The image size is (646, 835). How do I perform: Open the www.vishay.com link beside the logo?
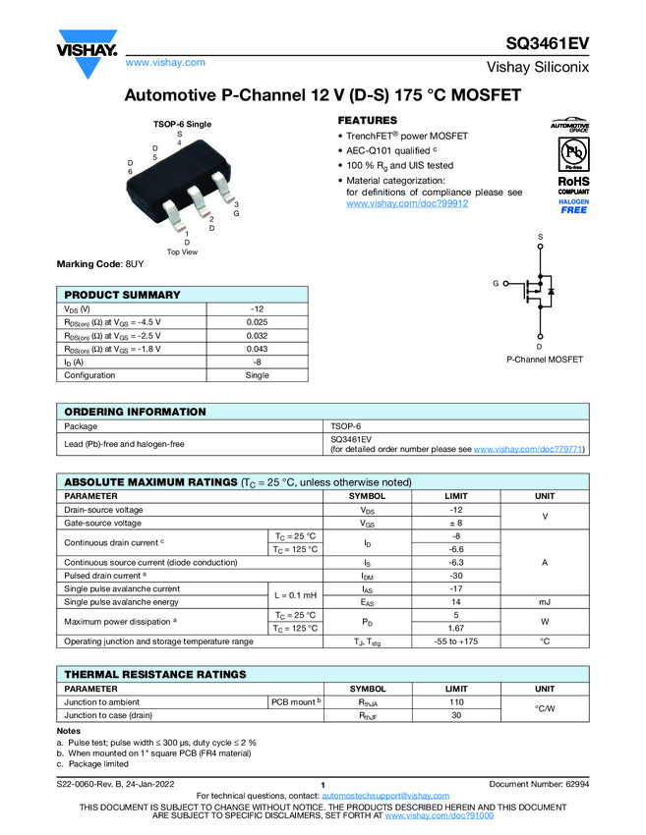pyautogui.click(x=165, y=62)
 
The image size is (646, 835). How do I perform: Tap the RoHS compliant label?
pyautogui.click(x=573, y=185)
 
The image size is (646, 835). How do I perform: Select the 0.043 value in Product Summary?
pyautogui.click(x=257, y=349)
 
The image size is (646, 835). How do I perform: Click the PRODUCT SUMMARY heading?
pyautogui.click(x=122, y=295)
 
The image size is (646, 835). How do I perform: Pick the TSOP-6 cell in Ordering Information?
pyautogui.click(x=346, y=426)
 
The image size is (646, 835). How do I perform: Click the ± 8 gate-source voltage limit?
pyautogui.click(x=456, y=523)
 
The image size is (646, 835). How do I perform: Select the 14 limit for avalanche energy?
pyautogui.click(x=456, y=601)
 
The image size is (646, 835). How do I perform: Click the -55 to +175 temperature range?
pyautogui.click(x=456, y=640)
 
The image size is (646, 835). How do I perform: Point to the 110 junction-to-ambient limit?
pyautogui.click(x=456, y=702)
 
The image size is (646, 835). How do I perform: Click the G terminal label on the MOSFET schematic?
pyautogui.click(x=497, y=284)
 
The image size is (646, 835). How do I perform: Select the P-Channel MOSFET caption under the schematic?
pyautogui.click(x=544, y=360)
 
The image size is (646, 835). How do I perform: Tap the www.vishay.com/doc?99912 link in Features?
pyautogui.click(x=407, y=203)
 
